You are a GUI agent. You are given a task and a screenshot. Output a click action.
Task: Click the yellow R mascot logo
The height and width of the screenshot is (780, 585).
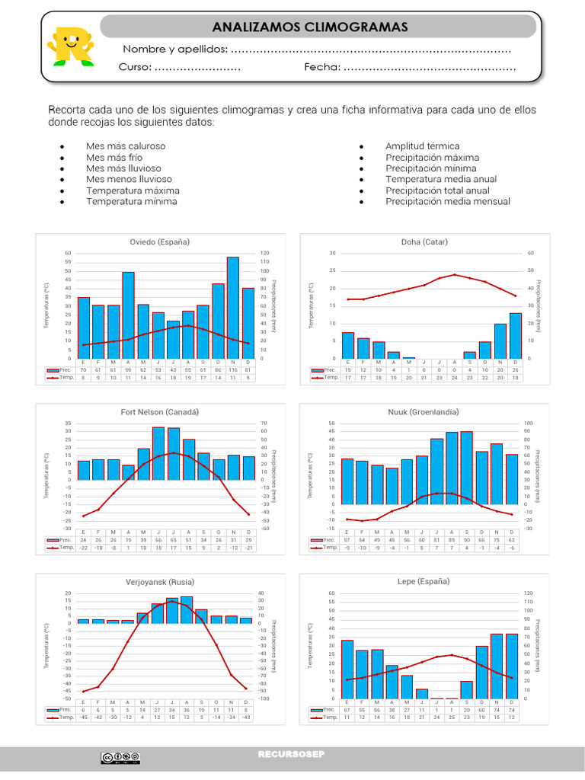click(70, 46)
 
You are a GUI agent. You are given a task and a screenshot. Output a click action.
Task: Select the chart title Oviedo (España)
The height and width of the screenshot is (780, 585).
click(159, 241)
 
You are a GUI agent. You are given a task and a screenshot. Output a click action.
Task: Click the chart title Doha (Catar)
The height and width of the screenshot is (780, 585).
click(424, 241)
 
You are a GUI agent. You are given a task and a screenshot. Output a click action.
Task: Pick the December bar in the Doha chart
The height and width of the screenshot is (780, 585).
click(516, 335)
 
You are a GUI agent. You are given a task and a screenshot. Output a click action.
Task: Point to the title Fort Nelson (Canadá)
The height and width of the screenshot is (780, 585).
click(159, 411)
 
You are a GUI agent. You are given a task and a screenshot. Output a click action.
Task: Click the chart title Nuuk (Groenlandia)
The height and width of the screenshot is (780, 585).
click(424, 411)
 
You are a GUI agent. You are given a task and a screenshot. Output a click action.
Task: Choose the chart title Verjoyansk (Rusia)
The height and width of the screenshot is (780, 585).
click(159, 581)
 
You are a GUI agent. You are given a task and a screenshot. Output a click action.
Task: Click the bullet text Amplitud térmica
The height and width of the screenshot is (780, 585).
click(422, 145)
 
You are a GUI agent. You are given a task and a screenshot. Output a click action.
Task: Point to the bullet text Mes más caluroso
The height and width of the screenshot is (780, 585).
click(126, 145)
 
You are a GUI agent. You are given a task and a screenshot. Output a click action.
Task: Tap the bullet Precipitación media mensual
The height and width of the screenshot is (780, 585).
click(448, 202)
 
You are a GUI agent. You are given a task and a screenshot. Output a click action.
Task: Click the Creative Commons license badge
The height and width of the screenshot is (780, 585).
click(120, 757)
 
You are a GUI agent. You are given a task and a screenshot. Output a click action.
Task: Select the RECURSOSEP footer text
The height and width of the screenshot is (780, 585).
click(292, 755)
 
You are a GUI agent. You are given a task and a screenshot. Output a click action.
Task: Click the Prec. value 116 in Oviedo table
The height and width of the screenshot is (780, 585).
click(232, 369)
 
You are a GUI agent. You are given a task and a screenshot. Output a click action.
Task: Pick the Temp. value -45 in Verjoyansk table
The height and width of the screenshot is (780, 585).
click(83, 718)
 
